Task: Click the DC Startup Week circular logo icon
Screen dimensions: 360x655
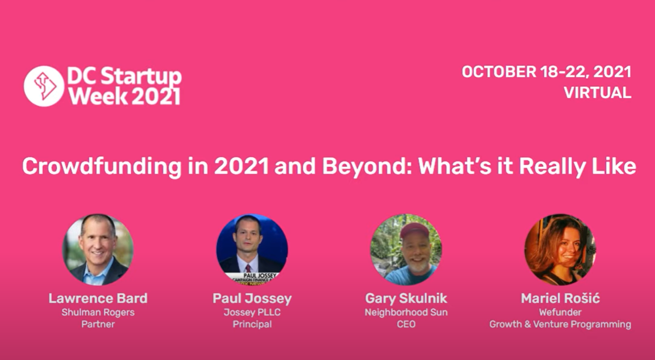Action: pos(44,86)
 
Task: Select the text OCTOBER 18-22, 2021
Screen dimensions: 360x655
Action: pos(547,72)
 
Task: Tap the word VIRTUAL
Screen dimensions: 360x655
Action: pos(597,93)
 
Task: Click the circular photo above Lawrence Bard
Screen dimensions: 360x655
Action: pos(98,249)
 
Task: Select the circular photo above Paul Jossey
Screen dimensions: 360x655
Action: pos(252,249)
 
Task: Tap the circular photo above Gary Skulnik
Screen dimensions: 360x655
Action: pos(406,249)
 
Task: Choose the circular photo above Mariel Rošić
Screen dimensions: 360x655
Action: pos(560,249)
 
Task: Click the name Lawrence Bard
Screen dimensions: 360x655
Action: pos(98,299)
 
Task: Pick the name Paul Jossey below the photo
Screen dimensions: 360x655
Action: pos(252,299)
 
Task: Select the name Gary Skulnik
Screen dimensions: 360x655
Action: pos(406,299)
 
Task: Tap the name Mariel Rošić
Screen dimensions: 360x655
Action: pos(560,299)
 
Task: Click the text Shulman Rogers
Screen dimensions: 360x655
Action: pos(98,312)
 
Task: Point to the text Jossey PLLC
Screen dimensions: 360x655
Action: pos(252,312)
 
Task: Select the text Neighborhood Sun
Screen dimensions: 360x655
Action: pos(406,312)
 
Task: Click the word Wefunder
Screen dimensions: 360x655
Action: pos(560,312)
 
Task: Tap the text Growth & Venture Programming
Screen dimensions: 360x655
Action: pos(560,324)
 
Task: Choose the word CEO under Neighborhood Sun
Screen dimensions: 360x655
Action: pos(406,324)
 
